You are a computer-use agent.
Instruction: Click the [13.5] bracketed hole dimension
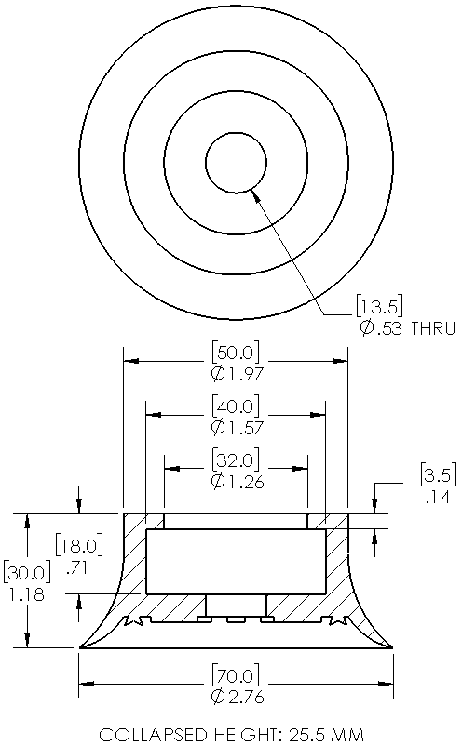[x=380, y=306]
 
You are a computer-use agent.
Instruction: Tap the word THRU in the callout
[x=433, y=328]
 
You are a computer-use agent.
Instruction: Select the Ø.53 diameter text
[x=381, y=328]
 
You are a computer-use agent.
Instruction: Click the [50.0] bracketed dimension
[x=237, y=353]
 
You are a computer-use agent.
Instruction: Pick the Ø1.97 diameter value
[x=237, y=374]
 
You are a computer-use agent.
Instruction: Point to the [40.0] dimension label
[x=237, y=406]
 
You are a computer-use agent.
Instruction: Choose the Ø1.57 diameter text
[x=237, y=428]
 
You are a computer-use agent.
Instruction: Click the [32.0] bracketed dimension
[x=237, y=460]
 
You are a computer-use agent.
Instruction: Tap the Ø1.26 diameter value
[x=237, y=482]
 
